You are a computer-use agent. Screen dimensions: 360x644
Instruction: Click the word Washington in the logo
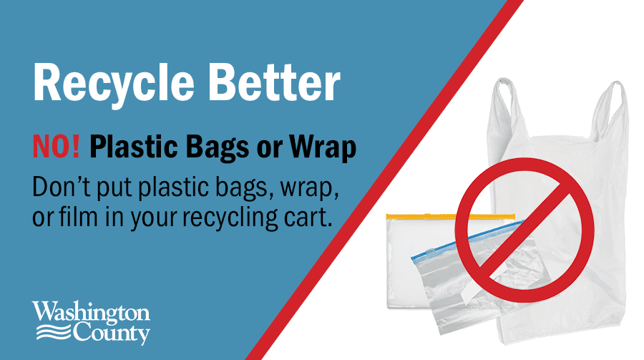(91, 313)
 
